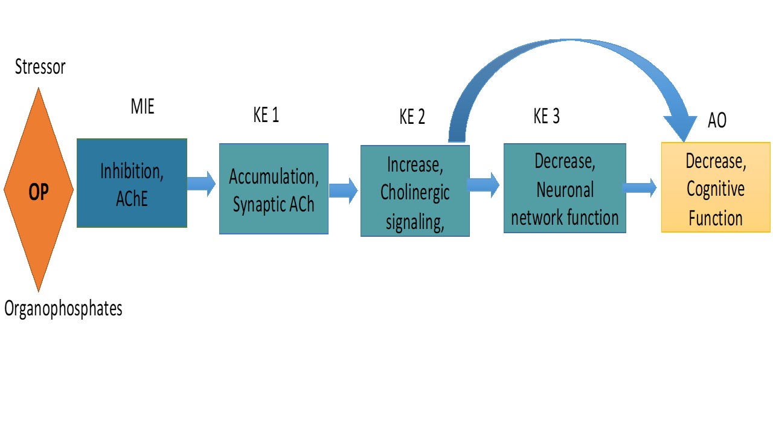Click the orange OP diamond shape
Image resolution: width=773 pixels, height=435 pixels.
click(39, 189)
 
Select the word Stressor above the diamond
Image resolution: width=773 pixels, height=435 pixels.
click(40, 66)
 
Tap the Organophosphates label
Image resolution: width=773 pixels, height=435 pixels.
click(63, 308)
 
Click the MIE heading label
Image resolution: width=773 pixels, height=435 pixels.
click(143, 108)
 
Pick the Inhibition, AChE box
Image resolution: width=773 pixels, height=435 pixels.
click(132, 183)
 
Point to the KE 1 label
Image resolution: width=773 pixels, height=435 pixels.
click(266, 115)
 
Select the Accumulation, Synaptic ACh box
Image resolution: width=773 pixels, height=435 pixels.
click(274, 188)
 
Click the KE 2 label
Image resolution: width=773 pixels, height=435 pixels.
click(412, 117)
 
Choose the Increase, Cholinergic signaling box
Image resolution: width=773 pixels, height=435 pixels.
click(415, 190)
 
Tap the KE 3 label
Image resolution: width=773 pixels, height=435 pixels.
click(547, 116)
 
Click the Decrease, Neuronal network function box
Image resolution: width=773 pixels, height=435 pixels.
click(565, 188)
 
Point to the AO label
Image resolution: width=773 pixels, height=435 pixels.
click(717, 120)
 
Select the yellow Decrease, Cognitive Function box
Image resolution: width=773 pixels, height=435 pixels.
click(716, 187)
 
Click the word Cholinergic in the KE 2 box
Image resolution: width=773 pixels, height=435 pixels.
click(415, 193)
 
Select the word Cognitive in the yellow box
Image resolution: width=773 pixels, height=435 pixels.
click(716, 189)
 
